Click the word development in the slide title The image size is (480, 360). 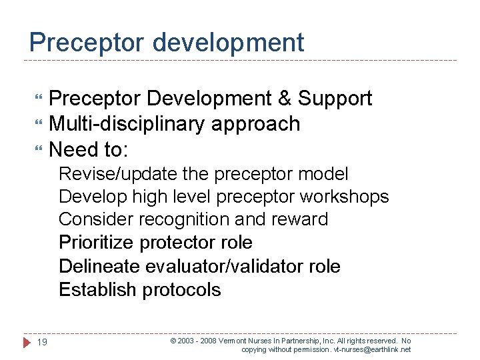tap(228, 43)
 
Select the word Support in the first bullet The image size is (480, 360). tap(335, 99)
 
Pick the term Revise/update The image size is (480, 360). tap(119, 175)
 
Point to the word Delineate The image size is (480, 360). tap(99, 267)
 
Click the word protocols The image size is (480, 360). tap(181, 291)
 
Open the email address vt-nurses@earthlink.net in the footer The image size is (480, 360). tap(373, 349)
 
